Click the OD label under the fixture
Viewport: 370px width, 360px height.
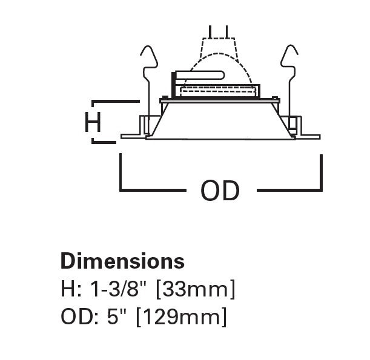(220, 191)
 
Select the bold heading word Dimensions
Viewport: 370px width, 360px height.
(122, 261)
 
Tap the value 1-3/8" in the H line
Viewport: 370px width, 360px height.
(120, 290)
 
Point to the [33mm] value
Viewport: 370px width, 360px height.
(195, 290)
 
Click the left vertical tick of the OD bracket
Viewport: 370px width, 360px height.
(121, 172)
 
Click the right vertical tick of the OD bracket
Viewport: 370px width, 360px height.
(321, 172)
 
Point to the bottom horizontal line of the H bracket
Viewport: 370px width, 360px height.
(104, 143)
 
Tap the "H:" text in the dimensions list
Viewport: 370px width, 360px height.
(71, 290)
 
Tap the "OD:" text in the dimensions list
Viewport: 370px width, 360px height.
(77, 317)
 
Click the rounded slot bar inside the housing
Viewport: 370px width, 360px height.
(200, 76)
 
